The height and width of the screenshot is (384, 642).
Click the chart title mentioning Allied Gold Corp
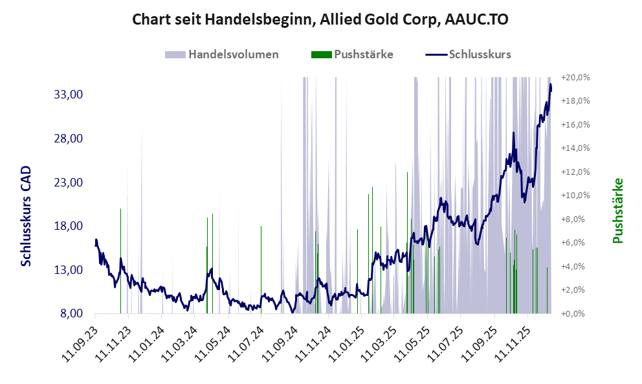click(x=320, y=19)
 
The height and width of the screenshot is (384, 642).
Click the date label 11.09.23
click(x=81, y=341)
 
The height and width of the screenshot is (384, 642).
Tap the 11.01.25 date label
click(x=346, y=341)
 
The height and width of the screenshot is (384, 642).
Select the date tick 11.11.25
click(x=513, y=341)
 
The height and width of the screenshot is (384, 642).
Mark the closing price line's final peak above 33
click(x=551, y=85)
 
